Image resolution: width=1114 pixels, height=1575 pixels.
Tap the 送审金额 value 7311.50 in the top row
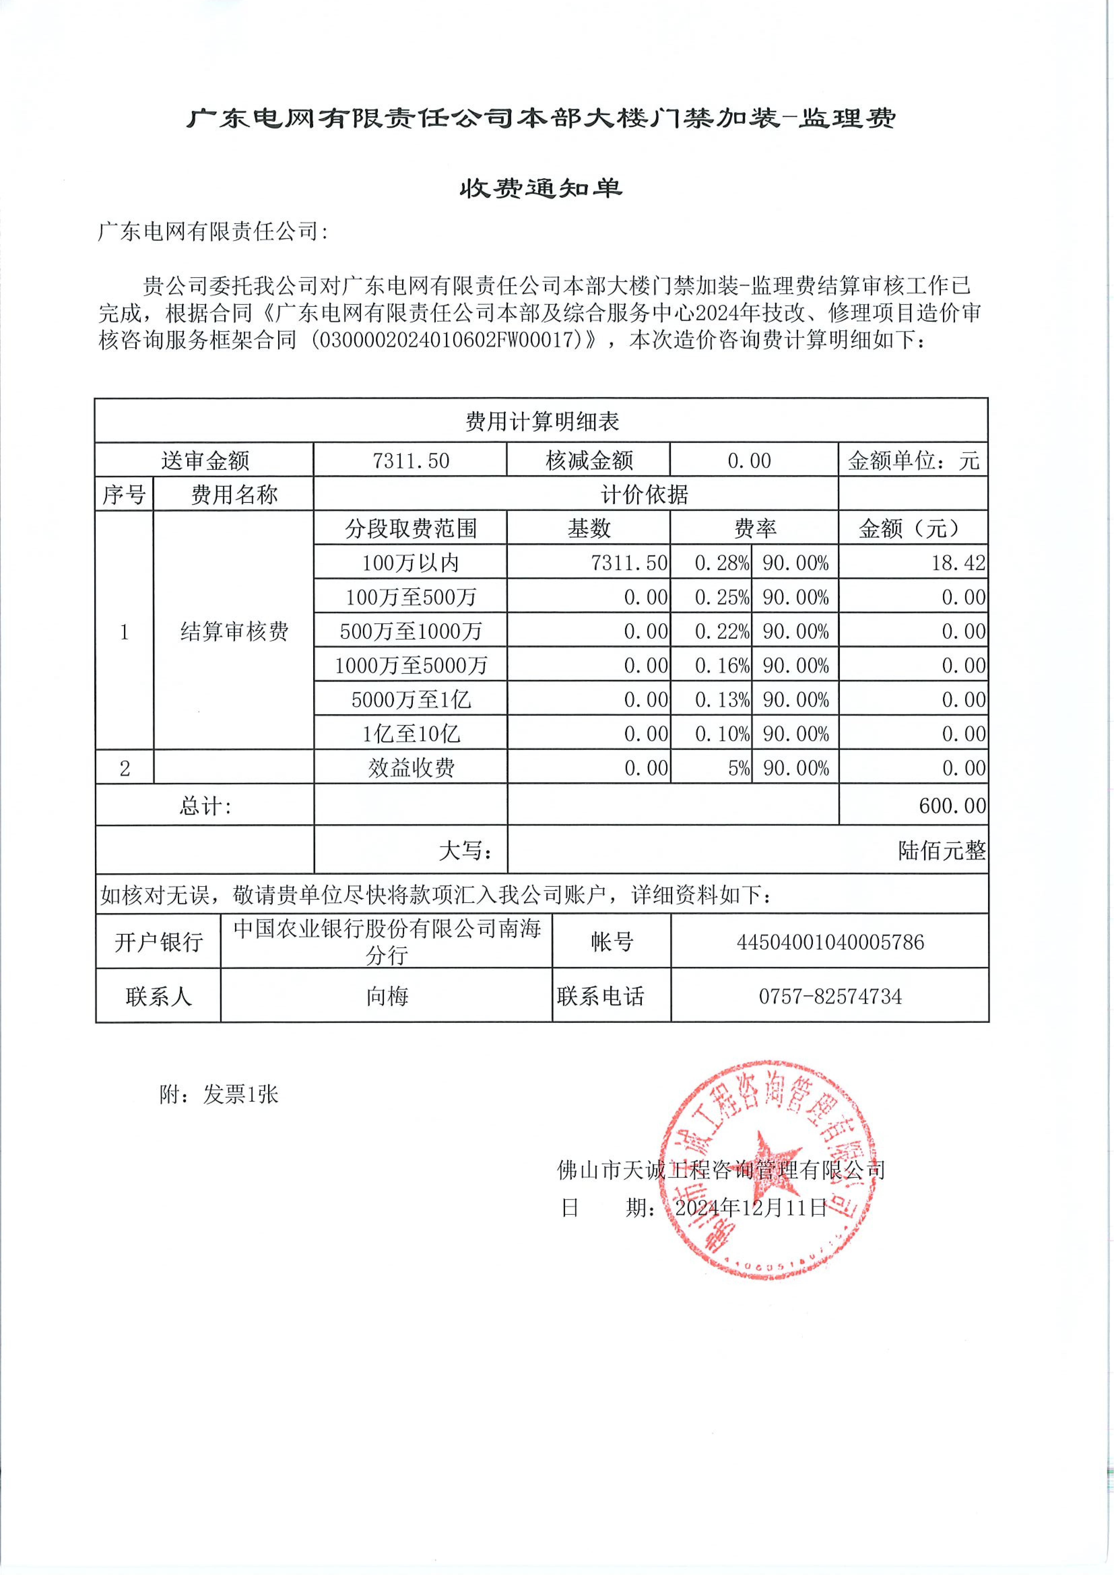pos(410,460)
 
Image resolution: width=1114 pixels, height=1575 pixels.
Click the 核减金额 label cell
pos(589,460)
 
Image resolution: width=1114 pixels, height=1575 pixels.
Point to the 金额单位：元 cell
pos(913,460)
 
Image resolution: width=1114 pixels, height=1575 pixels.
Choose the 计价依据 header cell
pos(644,495)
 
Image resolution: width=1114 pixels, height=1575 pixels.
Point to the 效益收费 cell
pos(410,768)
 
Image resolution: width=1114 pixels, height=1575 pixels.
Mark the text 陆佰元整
pos(941,851)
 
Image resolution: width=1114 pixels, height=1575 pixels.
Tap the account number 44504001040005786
pos(830,942)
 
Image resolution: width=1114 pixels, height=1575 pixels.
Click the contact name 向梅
pos(387,996)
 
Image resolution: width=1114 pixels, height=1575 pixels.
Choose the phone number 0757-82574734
pos(830,996)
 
